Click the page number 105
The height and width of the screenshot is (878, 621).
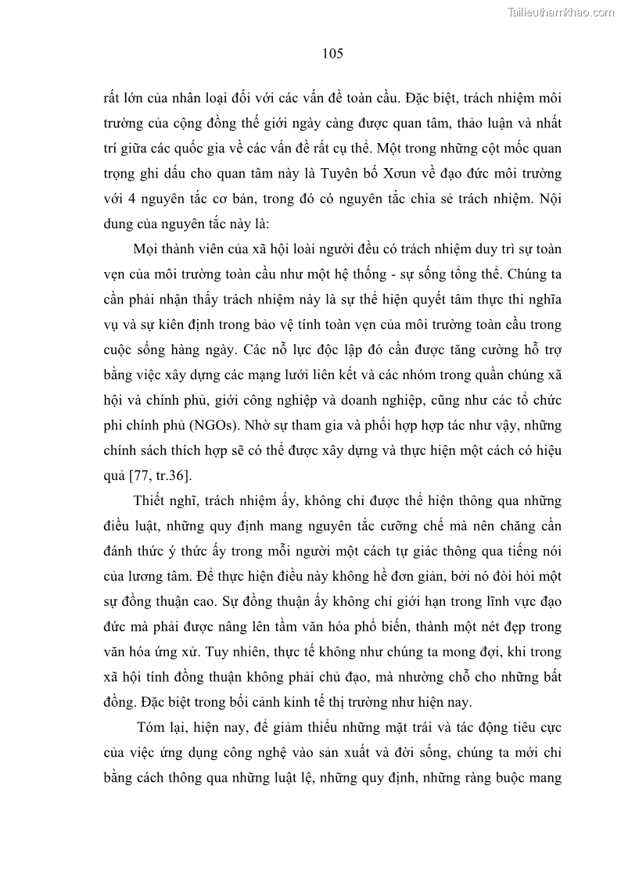tap(332, 54)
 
